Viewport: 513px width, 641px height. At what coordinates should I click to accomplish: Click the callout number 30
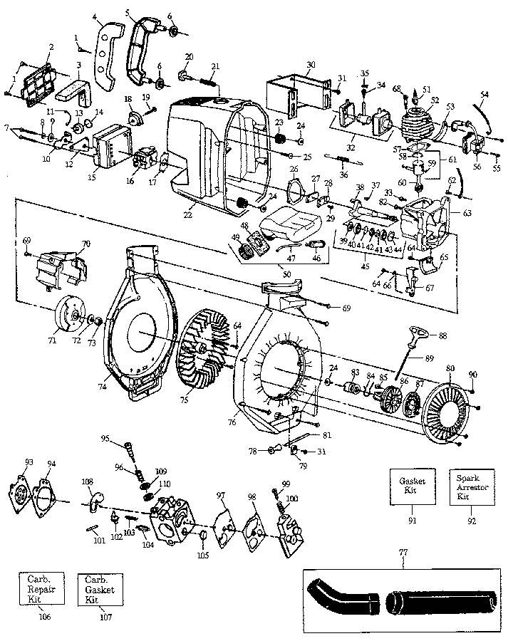coord(309,65)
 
